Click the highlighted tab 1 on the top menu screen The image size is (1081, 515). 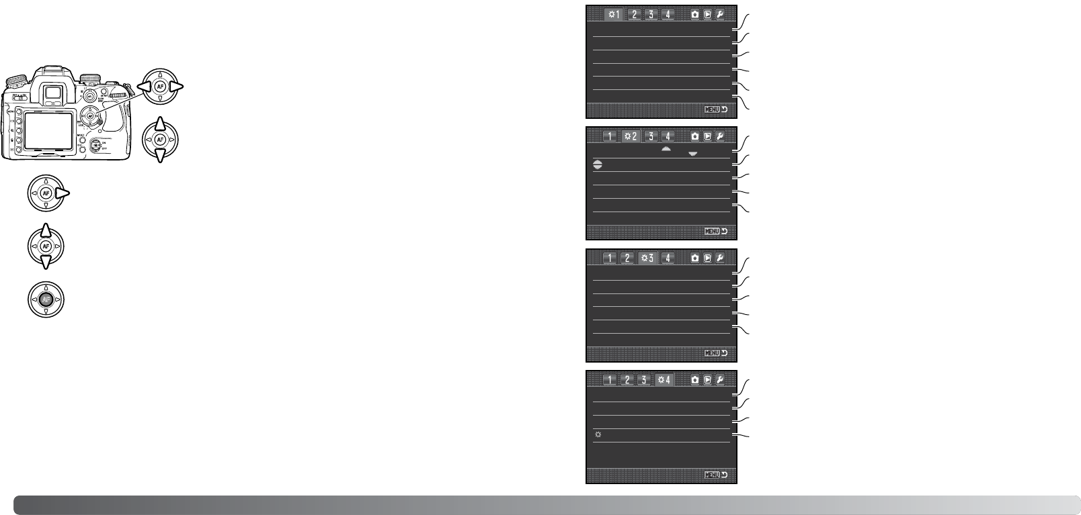pos(613,14)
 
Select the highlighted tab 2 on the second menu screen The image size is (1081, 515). pos(631,136)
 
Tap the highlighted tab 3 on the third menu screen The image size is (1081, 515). pos(648,258)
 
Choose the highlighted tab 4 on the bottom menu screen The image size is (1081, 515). pos(664,380)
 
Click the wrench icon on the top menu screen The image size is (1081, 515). pos(720,14)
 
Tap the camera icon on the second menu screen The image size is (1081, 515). pos(694,136)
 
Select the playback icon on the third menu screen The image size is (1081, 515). pos(707,258)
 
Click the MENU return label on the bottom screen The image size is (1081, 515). pos(716,475)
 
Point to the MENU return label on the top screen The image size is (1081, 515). pos(716,109)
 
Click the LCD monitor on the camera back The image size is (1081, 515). pos(48,128)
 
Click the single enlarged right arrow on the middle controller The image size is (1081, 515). pos(63,194)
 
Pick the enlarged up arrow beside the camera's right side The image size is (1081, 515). pos(160,124)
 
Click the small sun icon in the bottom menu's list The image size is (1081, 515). pos(598,435)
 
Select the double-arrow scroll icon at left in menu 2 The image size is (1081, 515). pos(598,165)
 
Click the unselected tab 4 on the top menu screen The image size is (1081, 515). pos(668,14)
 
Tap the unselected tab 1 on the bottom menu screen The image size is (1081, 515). pos(609,380)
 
